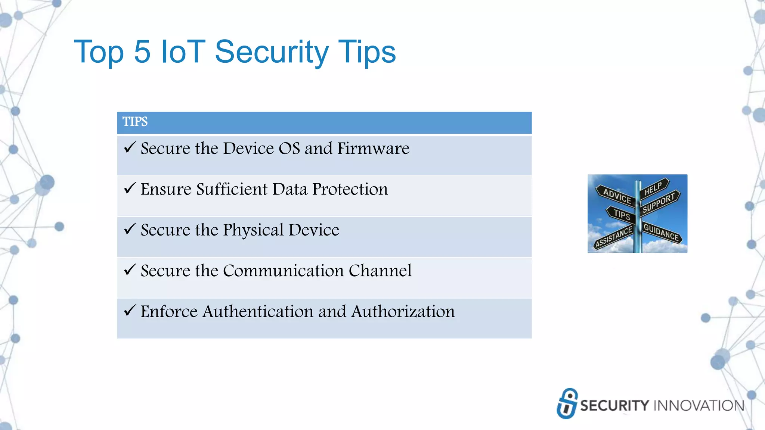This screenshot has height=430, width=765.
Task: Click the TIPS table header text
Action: pyautogui.click(x=135, y=122)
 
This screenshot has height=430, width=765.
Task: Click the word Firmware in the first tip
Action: pyautogui.click(x=373, y=149)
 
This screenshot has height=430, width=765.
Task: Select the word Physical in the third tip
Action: pyautogui.click(x=253, y=230)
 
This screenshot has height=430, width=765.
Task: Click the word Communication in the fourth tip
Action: pyautogui.click(x=283, y=271)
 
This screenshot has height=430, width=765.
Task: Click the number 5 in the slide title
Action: pyautogui.click(x=142, y=52)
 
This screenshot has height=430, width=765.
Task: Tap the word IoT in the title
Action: pyautogui.click(x=183, y=52)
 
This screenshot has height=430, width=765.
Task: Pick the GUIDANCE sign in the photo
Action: pyautogui.click(x=661, y=232)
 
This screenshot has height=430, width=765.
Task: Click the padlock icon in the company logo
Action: pyautogui.click(x=567, y=403)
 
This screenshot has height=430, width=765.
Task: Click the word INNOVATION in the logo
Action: pyautogui.click(x=699, y=406)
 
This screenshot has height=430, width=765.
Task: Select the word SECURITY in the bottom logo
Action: pyautogui.click(x=614, y=406)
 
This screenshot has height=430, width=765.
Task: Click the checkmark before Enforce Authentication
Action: pyautogui.click(x=130, y=310)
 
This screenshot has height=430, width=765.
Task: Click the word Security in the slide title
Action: pyautogui.click(x=272, y=52)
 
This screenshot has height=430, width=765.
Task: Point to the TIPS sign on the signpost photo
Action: pyautogui.click(x=622, y=215)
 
